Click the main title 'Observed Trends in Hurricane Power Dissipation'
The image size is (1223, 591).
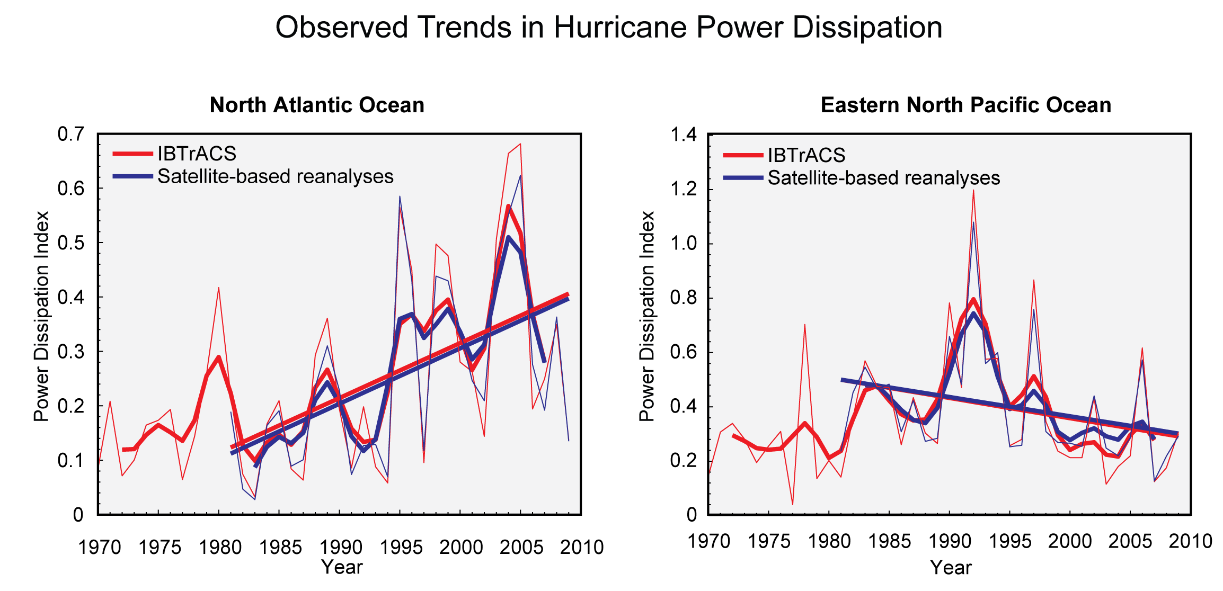[x=608, y=28]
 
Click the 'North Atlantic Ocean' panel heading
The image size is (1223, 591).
[x=317, y=105]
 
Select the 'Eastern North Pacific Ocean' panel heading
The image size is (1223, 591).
[x=965, y=105]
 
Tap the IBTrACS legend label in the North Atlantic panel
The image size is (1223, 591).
[x=197, y=154]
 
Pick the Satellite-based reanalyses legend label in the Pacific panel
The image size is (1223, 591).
[x=883, y=178]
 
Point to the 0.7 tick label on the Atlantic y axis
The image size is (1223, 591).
[x=70, y=135]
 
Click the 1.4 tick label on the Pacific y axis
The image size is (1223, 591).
[x=684, y=135]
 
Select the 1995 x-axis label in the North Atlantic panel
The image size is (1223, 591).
[x=401, y=547]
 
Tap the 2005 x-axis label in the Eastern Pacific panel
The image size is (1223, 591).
[x=1130, y=541]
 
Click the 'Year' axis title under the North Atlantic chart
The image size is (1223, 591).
[x=342, y=567]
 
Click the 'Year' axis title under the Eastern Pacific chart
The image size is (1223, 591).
[x=951, y=568]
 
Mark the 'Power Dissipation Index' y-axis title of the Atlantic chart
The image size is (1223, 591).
[x=41, y=316]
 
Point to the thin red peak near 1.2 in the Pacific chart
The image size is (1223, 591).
[x=973, y=191]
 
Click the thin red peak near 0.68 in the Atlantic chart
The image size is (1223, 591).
[x=520, y=144]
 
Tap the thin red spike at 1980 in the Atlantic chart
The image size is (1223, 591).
[x=218, y=288]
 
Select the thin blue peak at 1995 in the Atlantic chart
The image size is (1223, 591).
[x=400, y=197]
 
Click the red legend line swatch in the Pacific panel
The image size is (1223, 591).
[x=743, y=155]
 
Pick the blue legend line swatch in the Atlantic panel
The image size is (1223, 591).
[x=132, y=176]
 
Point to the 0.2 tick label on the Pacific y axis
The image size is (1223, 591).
[x=684, y=460]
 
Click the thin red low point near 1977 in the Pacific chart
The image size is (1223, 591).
[x=793, y=504]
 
